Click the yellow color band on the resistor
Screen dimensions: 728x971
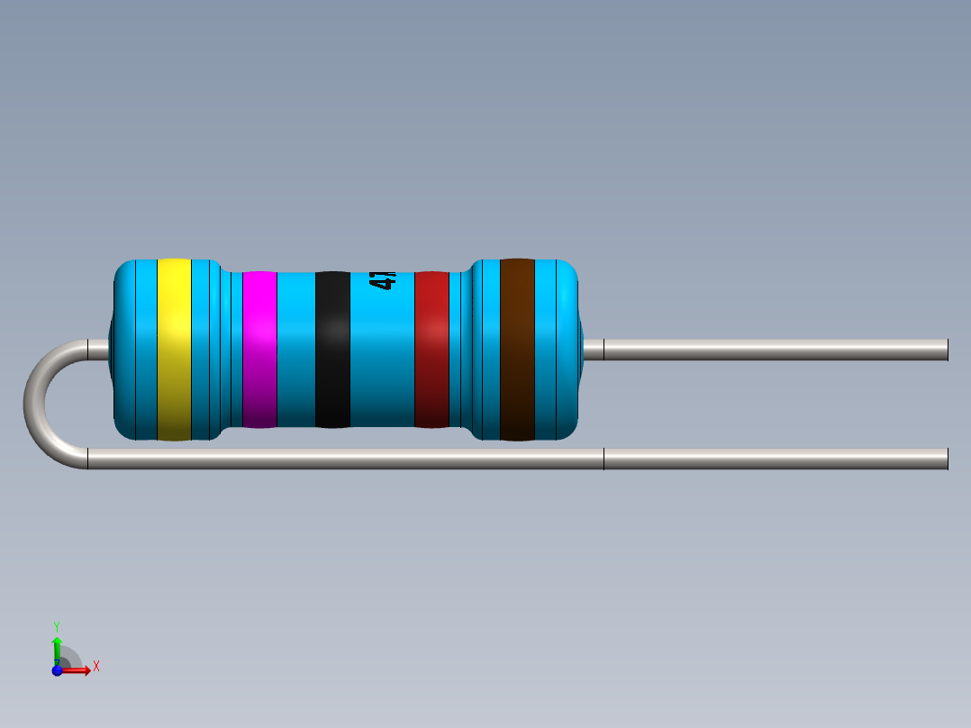[174, 350]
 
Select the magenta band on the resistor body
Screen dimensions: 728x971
[259, 350]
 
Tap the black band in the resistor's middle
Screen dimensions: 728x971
[332, 350]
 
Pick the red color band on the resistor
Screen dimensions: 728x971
[431, 350]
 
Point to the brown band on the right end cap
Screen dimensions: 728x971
[517, 350]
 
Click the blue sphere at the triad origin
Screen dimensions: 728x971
[57, 670]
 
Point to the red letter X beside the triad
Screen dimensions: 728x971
[95, 667]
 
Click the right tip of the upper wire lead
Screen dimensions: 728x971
[945, 350]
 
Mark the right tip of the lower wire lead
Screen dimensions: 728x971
[945, 459]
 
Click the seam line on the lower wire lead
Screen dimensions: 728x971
[603, 459]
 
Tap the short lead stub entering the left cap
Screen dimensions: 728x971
[97, 350]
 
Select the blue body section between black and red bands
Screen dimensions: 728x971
[382, 360]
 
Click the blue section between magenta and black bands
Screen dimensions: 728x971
[295, 350]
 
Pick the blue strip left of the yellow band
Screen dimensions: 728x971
[139, 350]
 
